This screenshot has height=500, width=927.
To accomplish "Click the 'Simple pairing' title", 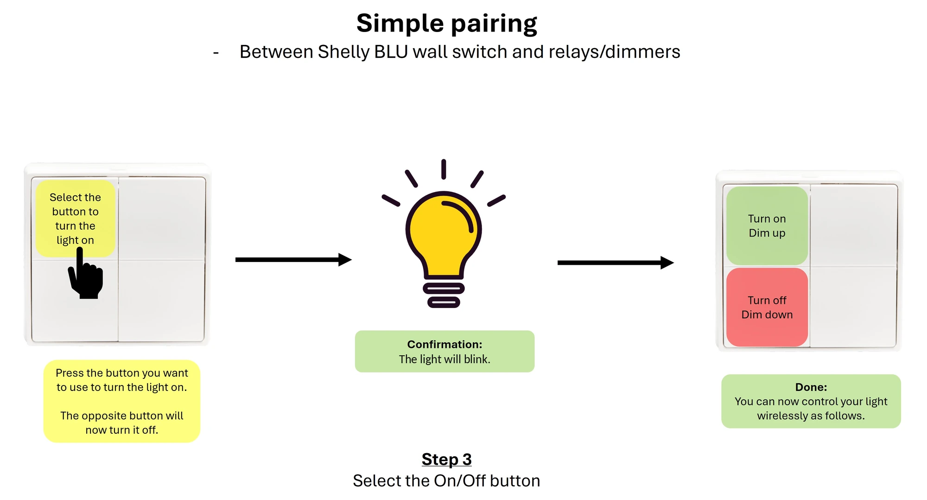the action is [x=446, y=24].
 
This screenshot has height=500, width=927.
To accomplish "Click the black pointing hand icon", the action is [x=85, y=273].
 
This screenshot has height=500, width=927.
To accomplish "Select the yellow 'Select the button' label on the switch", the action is [x=76, y=218].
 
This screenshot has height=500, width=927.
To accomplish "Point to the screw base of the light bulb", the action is [x=444, y=295].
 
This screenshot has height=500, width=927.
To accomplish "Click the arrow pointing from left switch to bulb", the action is [x=293, y=260].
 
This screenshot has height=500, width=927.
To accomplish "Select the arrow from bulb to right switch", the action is [x=616, y=263].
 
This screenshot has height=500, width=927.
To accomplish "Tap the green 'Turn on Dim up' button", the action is [x=767, y=226].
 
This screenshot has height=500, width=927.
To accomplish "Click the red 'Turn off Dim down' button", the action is [x=767, y=307].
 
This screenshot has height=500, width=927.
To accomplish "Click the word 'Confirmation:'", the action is [x=444, y=344].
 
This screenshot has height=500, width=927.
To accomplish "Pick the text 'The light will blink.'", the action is [x=444, y=359].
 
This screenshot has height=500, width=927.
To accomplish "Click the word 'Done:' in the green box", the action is [x=811, y=387].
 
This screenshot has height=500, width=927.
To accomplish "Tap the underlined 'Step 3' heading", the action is [x=446, y=459].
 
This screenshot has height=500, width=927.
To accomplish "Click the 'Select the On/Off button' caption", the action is [x=446, y=481].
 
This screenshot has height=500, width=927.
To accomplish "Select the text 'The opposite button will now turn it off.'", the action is [x=122, y=423].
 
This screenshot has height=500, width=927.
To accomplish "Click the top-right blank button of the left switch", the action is [x=162, y=218].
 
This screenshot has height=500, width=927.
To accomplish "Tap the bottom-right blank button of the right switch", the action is [x=853, y=306].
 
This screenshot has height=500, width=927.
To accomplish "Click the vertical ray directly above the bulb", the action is [x=444, y=169].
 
